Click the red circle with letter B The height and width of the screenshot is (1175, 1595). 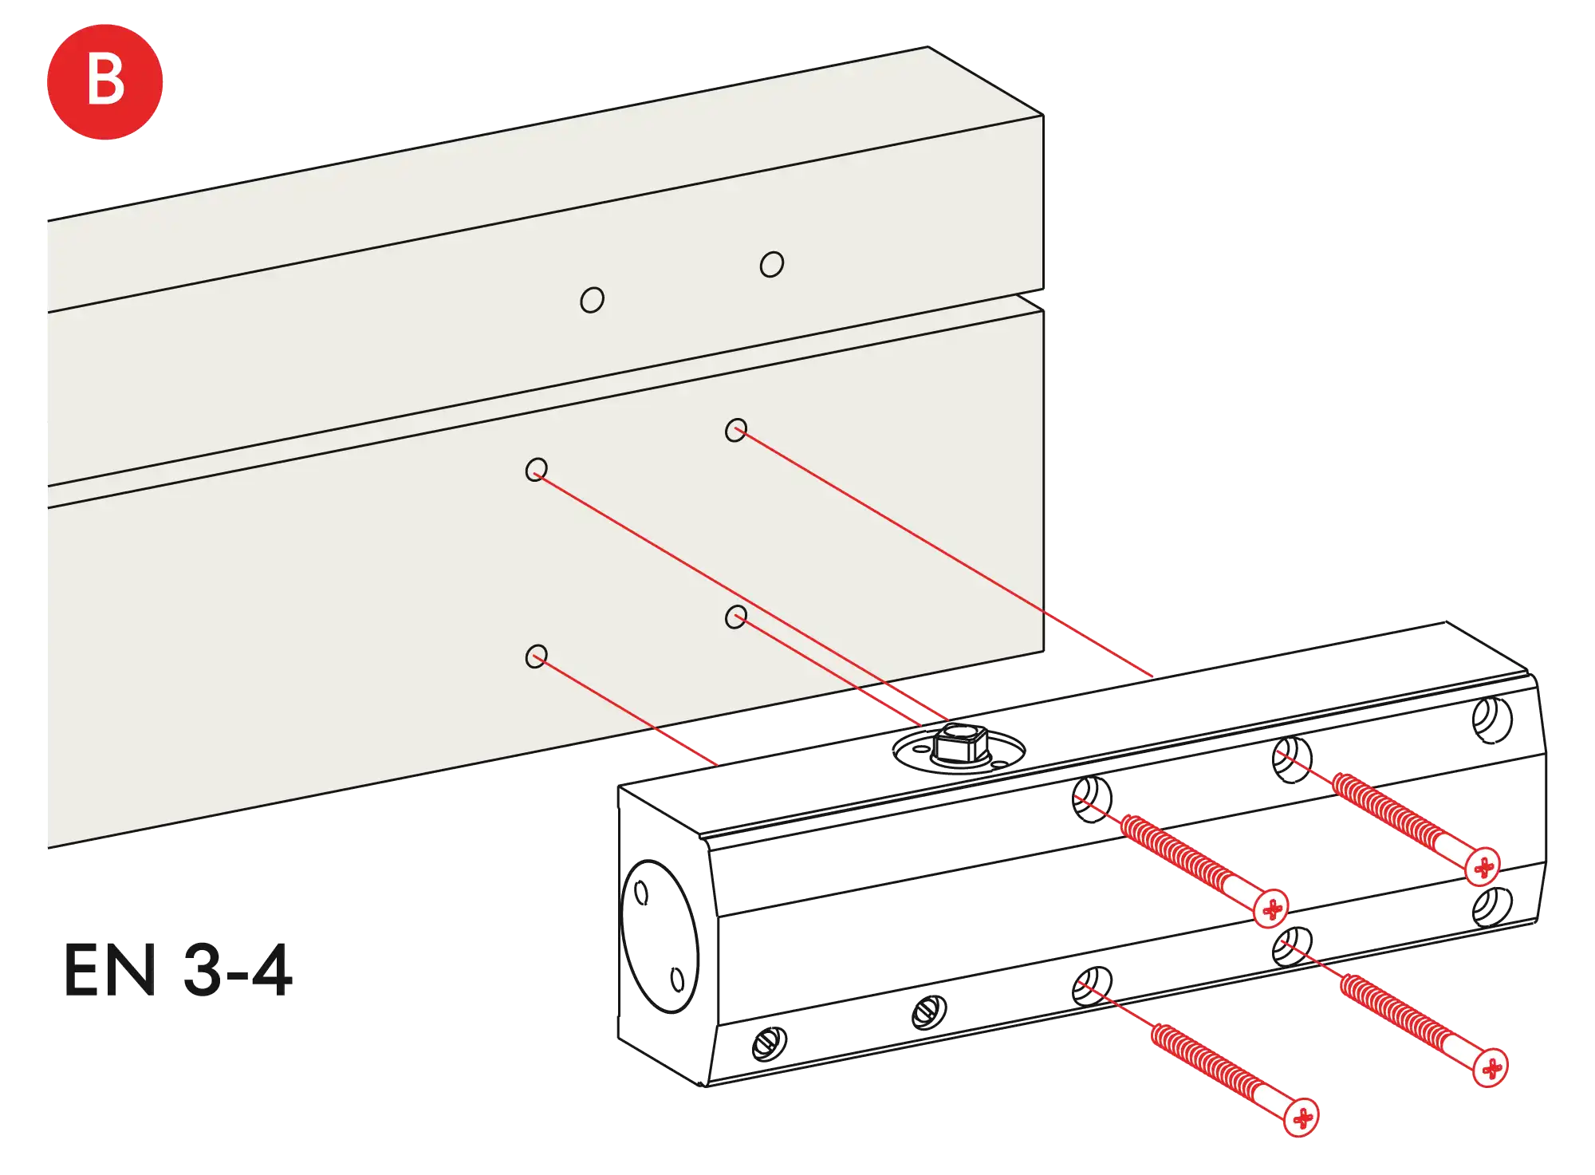pos(104,81)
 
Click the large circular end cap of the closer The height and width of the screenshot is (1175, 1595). pos(659,934)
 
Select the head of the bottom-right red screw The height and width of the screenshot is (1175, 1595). pos(1489,1067)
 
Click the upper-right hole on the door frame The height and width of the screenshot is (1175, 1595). pos(771,264)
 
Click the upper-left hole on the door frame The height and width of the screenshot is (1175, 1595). pos(592,300)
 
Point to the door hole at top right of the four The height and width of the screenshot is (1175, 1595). pos(736,430)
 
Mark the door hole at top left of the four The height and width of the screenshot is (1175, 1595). pos(537,469)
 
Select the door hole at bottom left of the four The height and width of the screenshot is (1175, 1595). pos(537,657)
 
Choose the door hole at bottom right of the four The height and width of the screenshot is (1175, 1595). pos(736,617)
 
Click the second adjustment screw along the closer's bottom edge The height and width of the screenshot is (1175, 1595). pos(929,1013)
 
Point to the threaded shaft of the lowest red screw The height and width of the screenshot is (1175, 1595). pos(1212,1065)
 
